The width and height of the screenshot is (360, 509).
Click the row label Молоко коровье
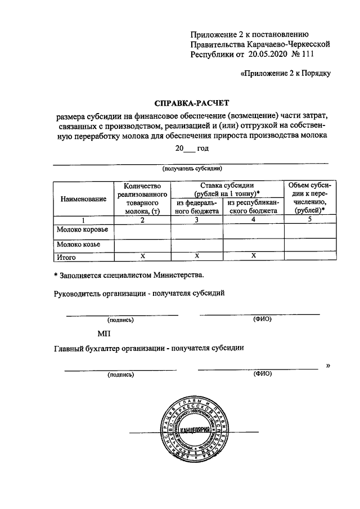(82, 229)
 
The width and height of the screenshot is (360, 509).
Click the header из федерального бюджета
(197, 207)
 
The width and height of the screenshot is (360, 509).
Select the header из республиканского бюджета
(253, 207)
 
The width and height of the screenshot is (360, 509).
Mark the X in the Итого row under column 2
(143, 256)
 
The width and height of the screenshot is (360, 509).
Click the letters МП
(104, 334)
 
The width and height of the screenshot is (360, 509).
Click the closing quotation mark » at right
(328, 366)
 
